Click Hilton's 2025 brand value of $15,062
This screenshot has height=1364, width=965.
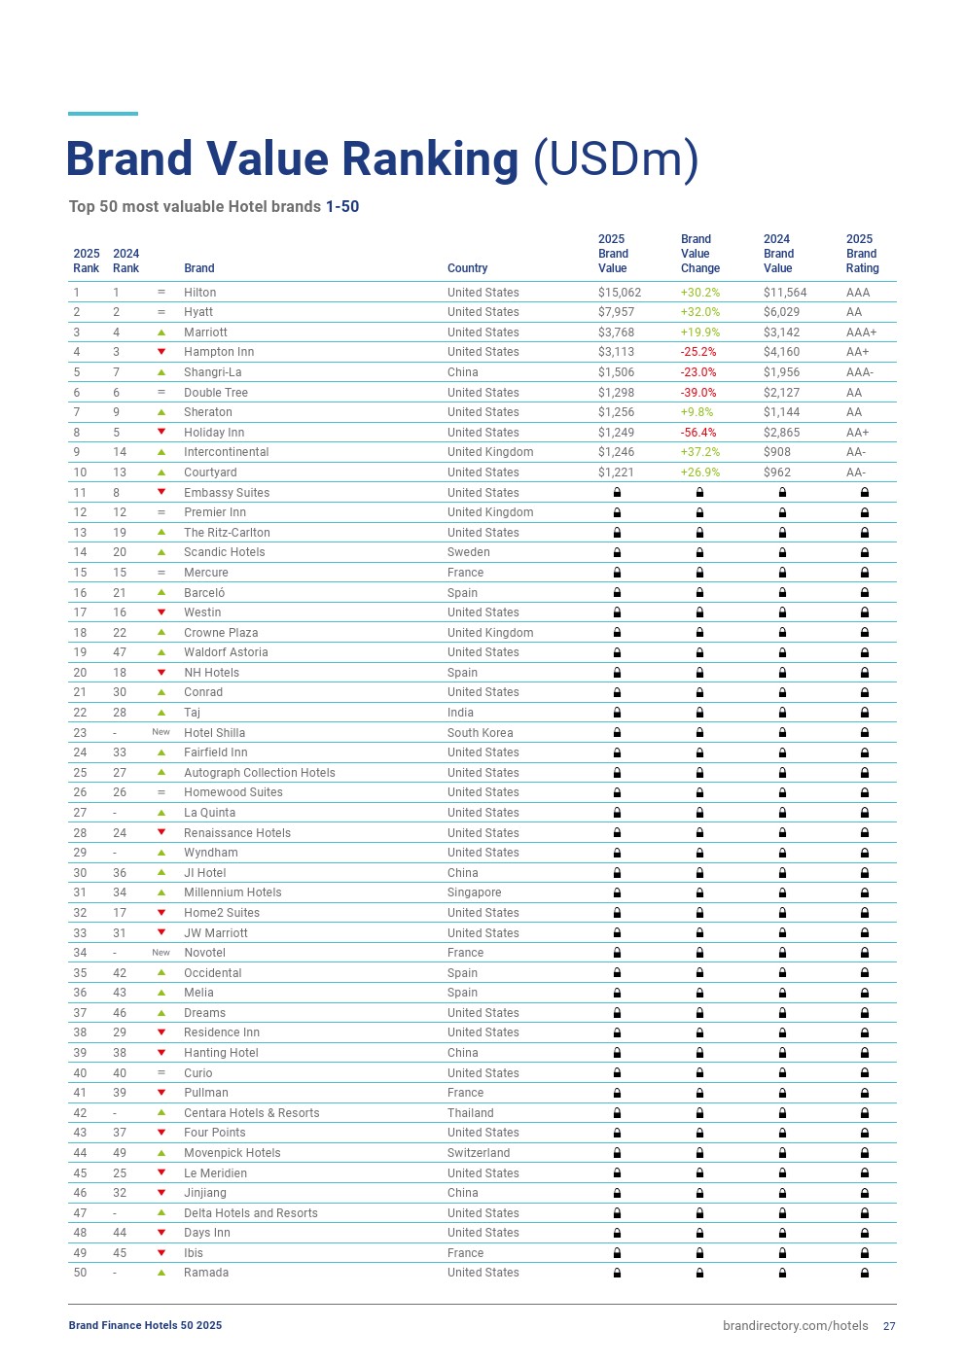619,293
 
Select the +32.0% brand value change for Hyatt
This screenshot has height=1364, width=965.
699,312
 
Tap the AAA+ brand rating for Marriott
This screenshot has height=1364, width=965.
861,332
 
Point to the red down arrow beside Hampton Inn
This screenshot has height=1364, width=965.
161,352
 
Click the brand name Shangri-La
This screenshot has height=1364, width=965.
212,372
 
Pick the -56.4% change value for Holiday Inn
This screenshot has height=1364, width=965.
697,433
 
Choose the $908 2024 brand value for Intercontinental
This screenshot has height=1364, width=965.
777,452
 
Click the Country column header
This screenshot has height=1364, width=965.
467,268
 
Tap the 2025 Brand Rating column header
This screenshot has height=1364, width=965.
861,254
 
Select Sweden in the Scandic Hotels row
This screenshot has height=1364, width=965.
468,552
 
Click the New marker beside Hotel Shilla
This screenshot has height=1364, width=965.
161,732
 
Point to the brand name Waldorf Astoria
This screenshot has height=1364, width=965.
226,652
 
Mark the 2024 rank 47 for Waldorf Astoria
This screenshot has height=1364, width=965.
120,652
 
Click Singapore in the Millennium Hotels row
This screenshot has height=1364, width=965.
474,892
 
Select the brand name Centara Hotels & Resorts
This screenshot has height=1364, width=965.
251,1113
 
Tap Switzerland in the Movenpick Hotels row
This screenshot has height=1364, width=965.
478,1153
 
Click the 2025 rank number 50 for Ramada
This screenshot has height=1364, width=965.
80,1273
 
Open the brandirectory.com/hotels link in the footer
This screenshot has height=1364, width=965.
795,1325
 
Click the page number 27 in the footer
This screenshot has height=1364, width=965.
889,1326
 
